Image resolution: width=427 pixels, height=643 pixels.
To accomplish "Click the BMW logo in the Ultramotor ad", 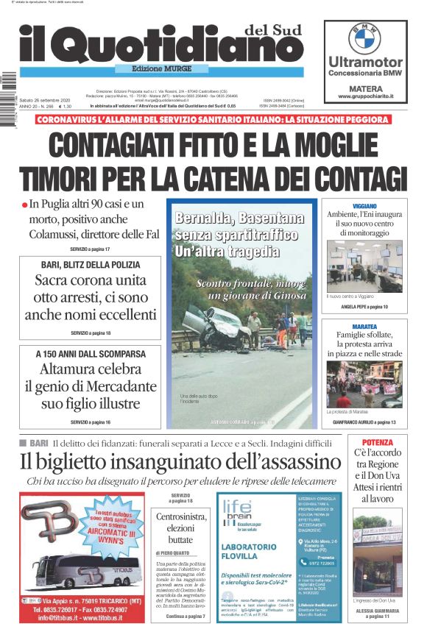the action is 364,38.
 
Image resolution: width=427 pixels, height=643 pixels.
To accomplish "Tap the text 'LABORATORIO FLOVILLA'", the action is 249,552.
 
